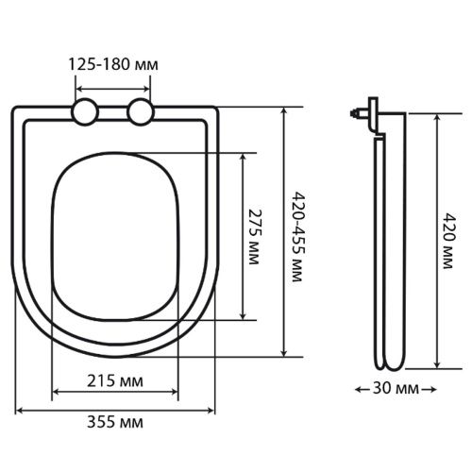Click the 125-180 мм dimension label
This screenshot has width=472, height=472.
(x=113, y=65)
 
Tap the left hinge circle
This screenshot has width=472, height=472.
(x=85, y=111)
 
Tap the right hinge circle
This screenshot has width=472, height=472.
(x=141, y=111)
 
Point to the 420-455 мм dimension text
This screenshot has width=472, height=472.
(x=297, y=236)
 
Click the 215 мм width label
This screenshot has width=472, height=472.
(x=115, y=381)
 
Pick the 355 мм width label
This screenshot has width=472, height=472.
(x=115, y=422)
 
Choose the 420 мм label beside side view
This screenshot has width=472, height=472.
(x=447, y=241)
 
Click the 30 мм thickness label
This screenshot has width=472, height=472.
(x=396, y=389)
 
